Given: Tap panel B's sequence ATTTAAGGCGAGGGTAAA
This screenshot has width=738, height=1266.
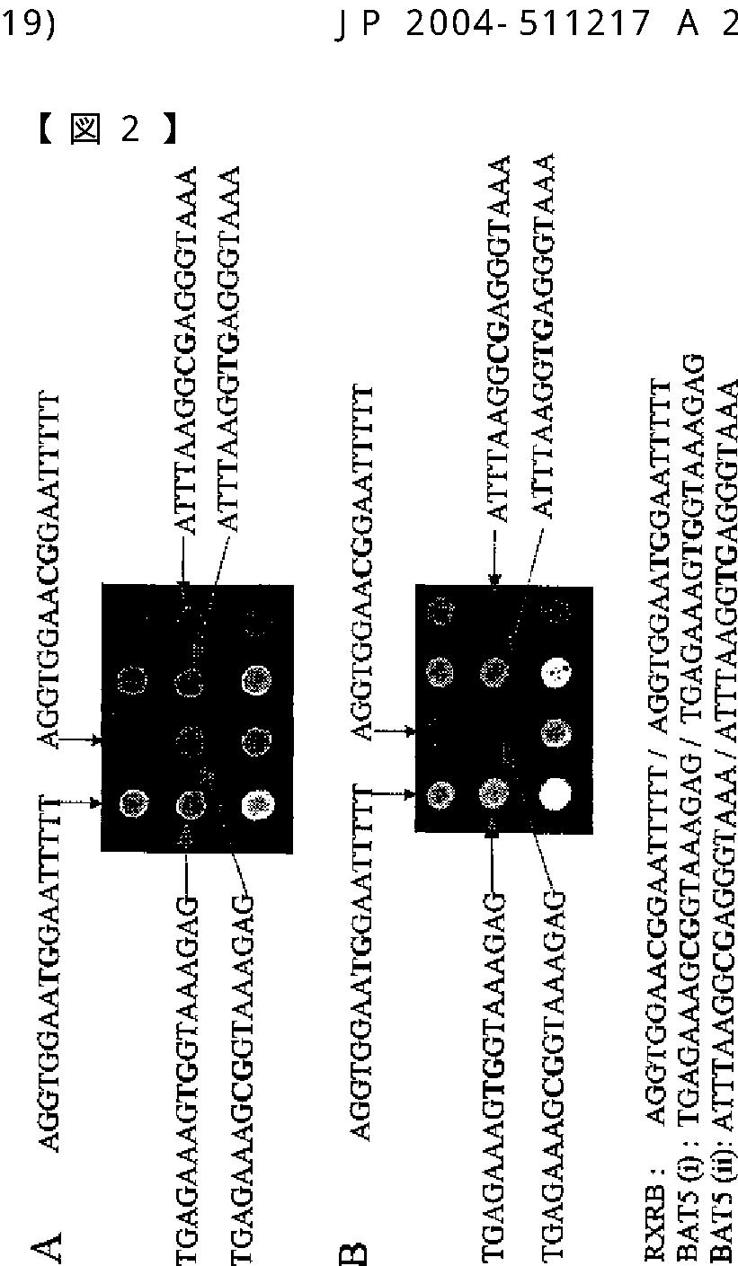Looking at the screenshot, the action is pos(500,338).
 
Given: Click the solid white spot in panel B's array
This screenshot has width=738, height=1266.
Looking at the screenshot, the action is pos(554,793).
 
